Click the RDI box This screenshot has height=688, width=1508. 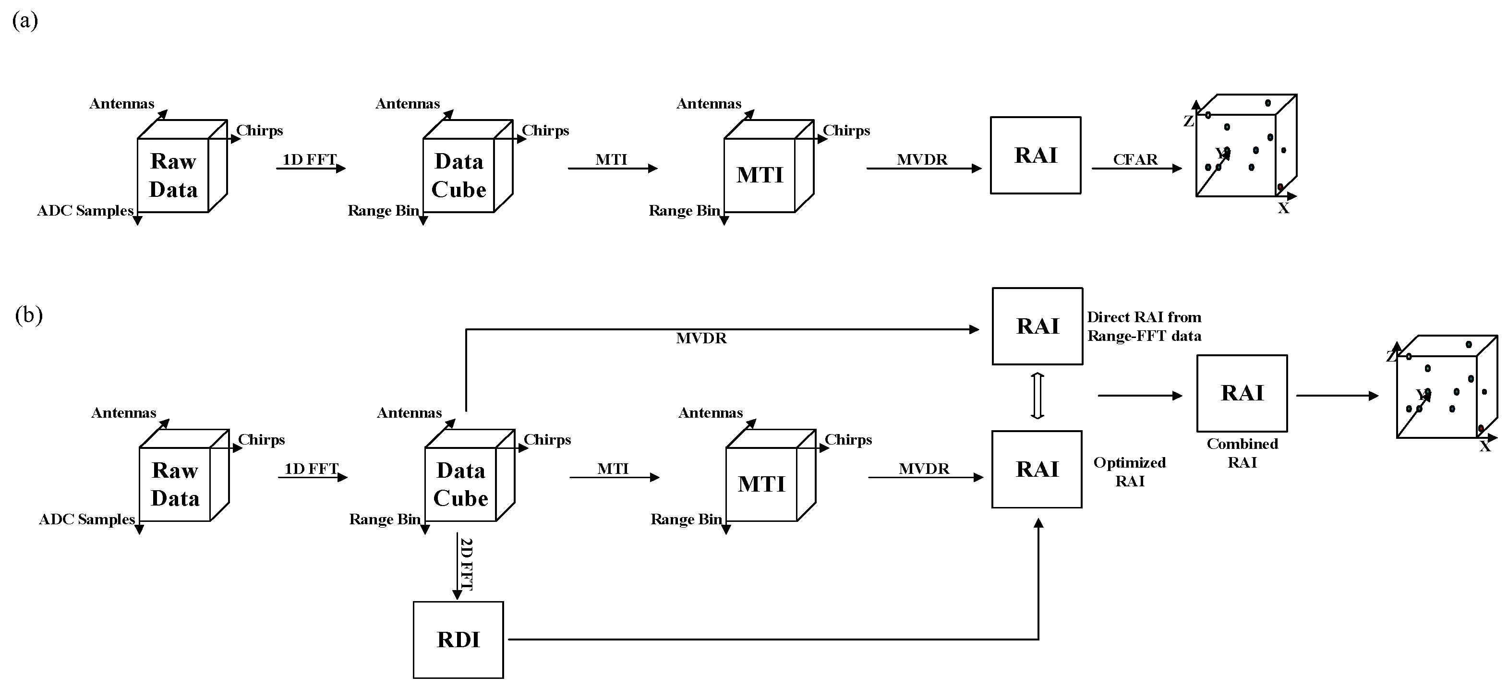[x=458, y=640]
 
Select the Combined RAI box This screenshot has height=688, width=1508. [x=1242, y=393]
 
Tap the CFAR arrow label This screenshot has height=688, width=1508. [x=1134, y=159]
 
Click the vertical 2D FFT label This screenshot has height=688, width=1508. [x=467, y=563]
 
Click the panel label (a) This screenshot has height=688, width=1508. [x=24, y=21]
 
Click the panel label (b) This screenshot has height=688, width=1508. [x=29, y=315]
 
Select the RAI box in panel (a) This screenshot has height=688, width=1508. [x=1035, y=155]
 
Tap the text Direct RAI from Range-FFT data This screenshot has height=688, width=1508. [x=1144, y=326]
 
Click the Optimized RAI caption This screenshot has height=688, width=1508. [x=1129, y=471]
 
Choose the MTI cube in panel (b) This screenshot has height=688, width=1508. [x=761, y=483]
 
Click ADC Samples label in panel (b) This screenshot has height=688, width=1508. [x=86, y=519]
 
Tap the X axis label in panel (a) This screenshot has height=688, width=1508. [x=1283, y=208]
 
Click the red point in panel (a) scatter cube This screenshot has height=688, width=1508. [x=1280, y=186]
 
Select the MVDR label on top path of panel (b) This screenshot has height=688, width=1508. [x=701, y=338]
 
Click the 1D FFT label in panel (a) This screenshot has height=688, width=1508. [x=309, y=159]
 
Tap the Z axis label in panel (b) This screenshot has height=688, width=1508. [x=1391, y=356]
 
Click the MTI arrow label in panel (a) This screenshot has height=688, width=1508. [x=611, y=159]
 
